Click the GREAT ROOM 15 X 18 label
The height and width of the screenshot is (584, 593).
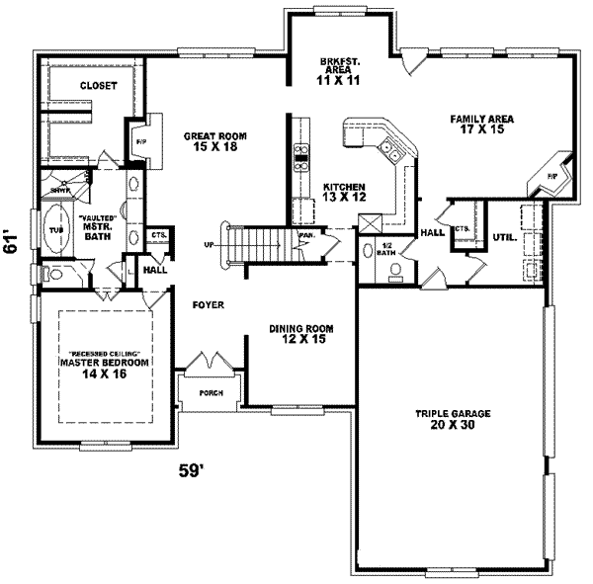coord(213,141)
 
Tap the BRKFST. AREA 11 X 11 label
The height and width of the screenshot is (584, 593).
coord(337,71)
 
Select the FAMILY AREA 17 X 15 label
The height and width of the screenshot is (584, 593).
coord(482,125)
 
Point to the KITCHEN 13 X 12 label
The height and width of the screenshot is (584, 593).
coord(345,192)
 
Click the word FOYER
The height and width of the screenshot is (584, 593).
coord(208,306)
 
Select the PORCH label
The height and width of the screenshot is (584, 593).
coord(211,392)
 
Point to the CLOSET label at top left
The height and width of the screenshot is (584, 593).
coord(98,86)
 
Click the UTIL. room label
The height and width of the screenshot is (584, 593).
coord(504,237)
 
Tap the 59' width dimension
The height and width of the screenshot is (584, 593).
coord(192,471)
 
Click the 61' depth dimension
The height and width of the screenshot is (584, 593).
coord(12,242)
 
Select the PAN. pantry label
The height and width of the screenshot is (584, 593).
coord(305,237)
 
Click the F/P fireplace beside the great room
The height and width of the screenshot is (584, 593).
coord(139,140)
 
